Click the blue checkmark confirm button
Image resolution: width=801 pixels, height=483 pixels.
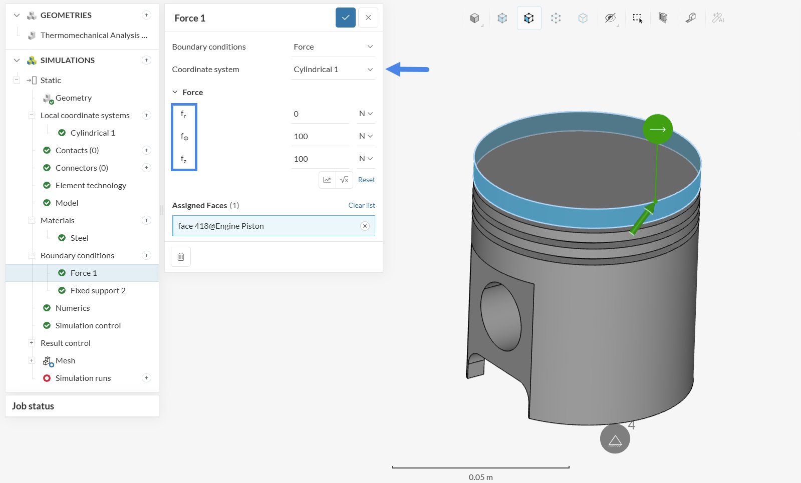346,18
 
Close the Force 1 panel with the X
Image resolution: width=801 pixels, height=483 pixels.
368,18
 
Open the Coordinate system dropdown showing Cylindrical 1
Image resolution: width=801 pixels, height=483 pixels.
333,69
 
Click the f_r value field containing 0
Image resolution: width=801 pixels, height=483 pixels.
320,114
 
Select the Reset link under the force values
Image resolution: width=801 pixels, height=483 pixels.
366,180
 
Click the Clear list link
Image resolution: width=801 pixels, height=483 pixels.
362,205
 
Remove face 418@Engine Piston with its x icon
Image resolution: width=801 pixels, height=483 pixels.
365,226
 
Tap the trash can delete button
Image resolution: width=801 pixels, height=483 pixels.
181,256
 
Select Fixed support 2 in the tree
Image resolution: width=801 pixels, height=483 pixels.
98,290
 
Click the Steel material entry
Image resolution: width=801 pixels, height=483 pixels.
79,238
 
